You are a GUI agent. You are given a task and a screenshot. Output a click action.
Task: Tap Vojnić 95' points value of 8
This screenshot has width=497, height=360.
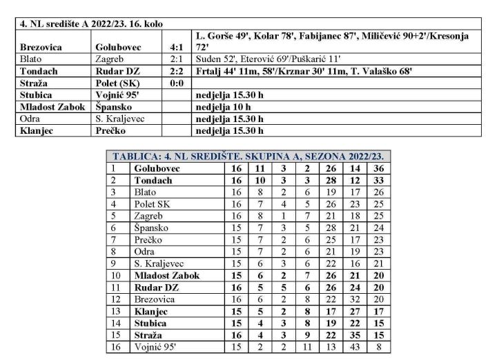click(x=378, y=347)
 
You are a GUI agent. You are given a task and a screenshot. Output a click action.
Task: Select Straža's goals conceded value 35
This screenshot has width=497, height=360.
click(x=353, y=335)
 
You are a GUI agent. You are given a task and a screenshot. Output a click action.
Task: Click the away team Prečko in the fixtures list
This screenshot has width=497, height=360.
click(x=110, y=129)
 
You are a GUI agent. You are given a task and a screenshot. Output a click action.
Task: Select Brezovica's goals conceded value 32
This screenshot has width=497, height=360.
click(x=353, y=299)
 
